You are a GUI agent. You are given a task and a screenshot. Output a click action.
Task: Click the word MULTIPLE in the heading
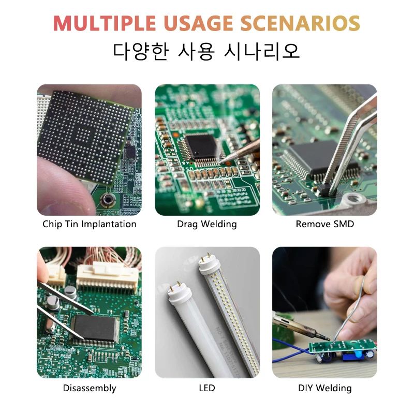point(105,23)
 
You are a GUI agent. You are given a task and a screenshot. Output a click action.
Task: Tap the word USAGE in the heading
point(198,23)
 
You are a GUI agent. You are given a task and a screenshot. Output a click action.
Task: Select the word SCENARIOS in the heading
point(300,23)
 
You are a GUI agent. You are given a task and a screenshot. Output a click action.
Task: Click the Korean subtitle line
point(206,51)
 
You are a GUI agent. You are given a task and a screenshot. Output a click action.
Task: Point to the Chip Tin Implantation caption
point(89,224)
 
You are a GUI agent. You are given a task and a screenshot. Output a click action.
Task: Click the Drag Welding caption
point(206,224)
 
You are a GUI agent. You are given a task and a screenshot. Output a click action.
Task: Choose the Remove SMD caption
point(325,224)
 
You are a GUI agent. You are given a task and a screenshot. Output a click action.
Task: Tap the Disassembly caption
point(89,388)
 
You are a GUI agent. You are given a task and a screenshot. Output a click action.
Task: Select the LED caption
point(207,388)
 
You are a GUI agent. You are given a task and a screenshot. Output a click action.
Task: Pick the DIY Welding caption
point(325,388)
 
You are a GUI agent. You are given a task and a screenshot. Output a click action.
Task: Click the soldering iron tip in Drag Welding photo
point(220,161)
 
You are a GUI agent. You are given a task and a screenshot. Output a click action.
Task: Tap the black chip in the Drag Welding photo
point(201,146)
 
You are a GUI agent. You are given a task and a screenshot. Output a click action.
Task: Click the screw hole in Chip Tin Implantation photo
point(108,200)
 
